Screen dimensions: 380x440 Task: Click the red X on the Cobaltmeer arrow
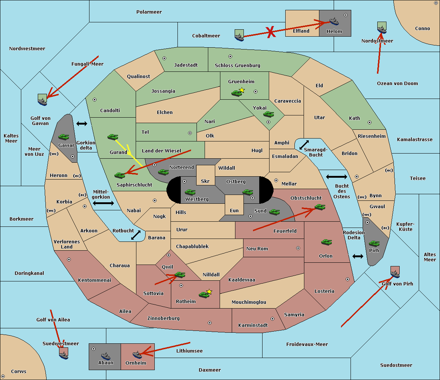[x=271, y=32]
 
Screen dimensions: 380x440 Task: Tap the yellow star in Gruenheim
[x=242, y=90]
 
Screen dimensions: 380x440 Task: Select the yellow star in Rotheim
[x=209, y=292]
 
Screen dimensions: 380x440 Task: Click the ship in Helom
[x=334, y=22]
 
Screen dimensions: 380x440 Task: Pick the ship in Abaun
[x=106, y=355]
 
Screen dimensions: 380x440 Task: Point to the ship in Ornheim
[x=137, y=354]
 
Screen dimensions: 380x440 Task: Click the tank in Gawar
[x=63, y=137]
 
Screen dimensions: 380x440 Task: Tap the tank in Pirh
[x=374, y=243]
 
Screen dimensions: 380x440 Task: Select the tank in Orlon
[x=326, y=242]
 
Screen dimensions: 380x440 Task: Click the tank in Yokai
[x=268, y=114]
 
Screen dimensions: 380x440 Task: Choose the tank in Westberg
[x=190, y=192]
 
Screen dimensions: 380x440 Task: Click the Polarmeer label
[x=149, y=12]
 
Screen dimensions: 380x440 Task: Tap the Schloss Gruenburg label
[x=237, y=66]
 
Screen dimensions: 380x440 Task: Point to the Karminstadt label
[x=253, y=325]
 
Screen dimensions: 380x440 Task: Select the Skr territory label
[x=205, y=181]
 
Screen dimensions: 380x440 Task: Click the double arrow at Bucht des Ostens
[x=336, y=177]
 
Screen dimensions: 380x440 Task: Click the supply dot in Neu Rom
[x=298, y=248]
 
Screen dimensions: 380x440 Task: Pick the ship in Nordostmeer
[x=382, y=27]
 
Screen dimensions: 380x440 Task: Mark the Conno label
[x=422, y=29]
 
